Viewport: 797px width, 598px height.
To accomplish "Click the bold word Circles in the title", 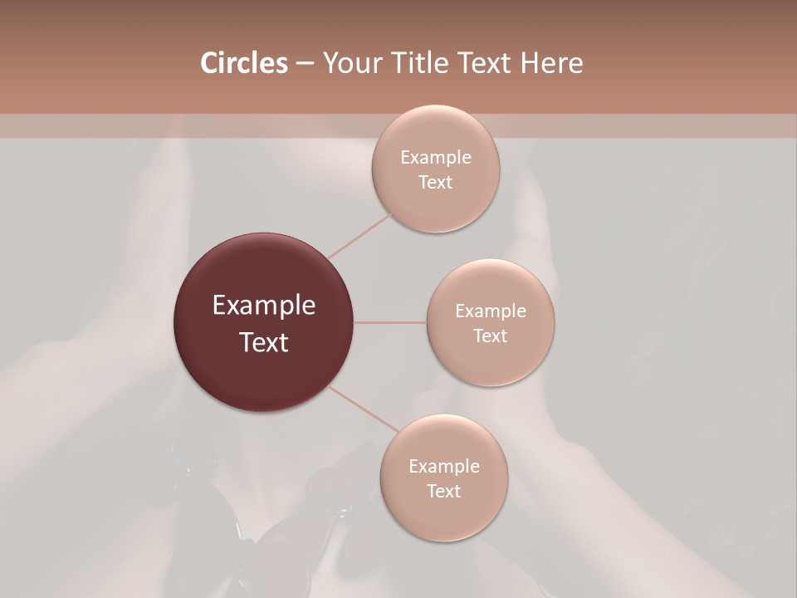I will click(244, 63).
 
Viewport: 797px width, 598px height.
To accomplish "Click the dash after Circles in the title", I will click(305, 64).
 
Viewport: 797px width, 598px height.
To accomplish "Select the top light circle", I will click(436, 208).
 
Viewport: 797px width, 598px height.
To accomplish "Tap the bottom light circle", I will click(443, 515).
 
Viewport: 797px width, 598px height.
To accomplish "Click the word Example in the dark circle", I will click(264, 306).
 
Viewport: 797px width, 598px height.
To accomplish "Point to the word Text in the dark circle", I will click(264, 342).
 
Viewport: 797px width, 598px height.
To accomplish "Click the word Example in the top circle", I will click(436, 158).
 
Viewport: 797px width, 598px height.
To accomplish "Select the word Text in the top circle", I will click(436, 183).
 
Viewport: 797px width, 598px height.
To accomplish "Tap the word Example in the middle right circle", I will click(491, 311).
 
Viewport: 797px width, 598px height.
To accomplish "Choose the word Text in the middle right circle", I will click(491, 336).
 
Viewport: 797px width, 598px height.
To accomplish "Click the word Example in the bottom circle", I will click(444, 467).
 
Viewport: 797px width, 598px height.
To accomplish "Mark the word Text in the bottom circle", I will click(444, 492).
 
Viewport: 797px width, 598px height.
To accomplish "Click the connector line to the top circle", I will click(359, 236).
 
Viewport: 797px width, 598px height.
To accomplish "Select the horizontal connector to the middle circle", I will click(390, 322).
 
